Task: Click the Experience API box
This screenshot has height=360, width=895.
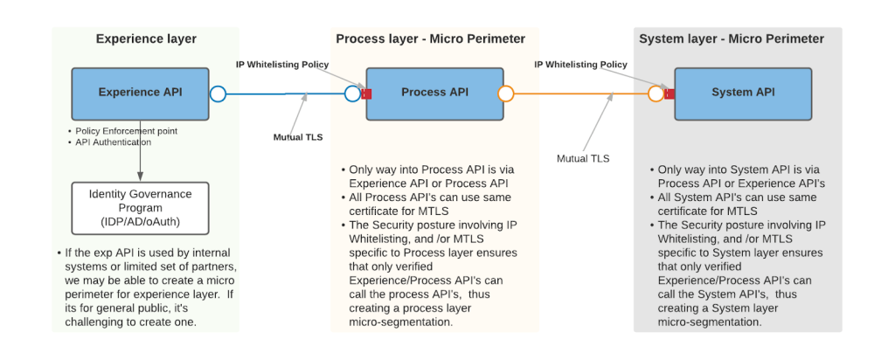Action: [x=140, y=93]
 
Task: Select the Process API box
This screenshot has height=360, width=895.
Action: [x=434, y=93]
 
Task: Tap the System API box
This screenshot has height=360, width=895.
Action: [x=742, y=93]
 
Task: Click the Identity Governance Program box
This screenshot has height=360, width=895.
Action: [x=141, y=208]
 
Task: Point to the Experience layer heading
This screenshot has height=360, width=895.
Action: [x=146, y=38]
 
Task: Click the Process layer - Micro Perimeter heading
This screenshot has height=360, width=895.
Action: [x=430, y=38]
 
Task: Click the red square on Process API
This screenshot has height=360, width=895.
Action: [x=367, y=93]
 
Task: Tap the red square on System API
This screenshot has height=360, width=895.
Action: [x=670, y=93]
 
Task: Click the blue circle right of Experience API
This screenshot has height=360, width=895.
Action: [x=218, y=93]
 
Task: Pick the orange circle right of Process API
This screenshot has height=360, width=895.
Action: [x=505, y=93]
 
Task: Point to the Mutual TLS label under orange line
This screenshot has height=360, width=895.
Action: [x=583, y=158]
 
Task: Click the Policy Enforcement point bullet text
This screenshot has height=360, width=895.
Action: [x=126, y=131]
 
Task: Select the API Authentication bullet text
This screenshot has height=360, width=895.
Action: [x=113, y=142]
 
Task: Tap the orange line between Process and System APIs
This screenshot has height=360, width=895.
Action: [x=577, y=93]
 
